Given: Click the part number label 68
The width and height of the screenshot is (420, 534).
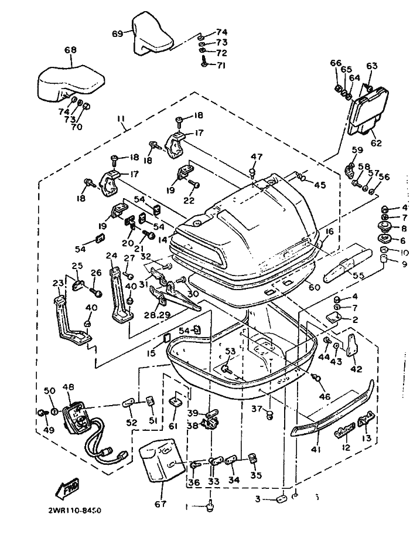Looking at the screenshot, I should coord(70,51).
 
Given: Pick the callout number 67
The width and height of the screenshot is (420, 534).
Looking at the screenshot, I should coord(159,504).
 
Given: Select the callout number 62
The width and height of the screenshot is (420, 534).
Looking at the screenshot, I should coord(375,142).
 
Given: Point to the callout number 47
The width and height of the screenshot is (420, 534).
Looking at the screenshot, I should coord(256,157).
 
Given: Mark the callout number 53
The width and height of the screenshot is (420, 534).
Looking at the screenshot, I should coord(230,351).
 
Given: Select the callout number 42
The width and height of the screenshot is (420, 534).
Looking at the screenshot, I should coord(356,369).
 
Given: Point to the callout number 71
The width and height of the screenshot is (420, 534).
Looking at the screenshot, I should coord(221,65).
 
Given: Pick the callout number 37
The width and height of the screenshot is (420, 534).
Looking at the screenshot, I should coord(255,409).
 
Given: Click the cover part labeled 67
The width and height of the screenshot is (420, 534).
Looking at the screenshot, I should coord(159,461).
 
